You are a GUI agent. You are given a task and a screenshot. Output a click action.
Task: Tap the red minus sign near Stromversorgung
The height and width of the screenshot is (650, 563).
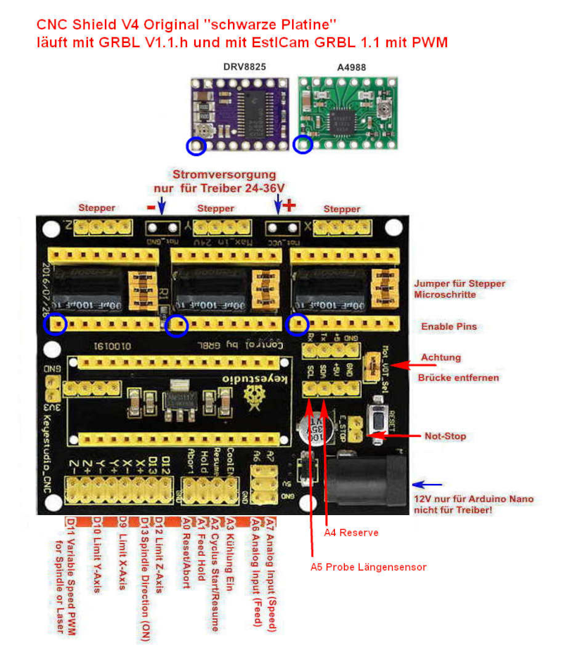[151, 207]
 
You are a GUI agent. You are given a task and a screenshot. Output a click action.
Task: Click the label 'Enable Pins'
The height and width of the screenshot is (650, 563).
[448, 327]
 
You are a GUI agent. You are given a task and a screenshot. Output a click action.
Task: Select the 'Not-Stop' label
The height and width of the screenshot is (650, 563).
[445, 436]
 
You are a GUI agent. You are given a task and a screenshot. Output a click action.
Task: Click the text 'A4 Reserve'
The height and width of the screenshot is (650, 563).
[351, 533]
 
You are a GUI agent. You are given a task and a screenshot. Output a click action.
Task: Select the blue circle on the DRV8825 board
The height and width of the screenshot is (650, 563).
[196, 146]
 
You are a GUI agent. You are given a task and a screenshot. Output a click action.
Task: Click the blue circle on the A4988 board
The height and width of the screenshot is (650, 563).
[303, 145]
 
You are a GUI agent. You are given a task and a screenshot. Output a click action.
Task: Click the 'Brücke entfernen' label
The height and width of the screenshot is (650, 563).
[458, 378]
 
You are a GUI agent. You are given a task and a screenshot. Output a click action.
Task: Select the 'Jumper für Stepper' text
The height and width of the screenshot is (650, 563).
[460, 283]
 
